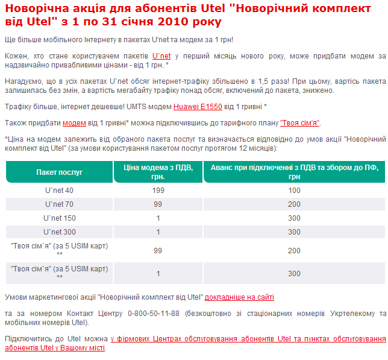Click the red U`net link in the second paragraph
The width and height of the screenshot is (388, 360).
point(161,55)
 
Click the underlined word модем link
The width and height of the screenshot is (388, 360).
point(74,122)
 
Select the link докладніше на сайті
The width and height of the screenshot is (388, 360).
point(239,297)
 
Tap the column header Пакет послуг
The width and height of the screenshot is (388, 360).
point(59,172)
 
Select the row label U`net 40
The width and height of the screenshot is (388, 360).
point(59,191)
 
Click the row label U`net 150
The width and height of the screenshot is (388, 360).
point(59,218)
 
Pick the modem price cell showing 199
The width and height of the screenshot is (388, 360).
point(158,191)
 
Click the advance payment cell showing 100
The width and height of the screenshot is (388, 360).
point(294,191)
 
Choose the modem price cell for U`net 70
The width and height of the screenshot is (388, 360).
point(158,204)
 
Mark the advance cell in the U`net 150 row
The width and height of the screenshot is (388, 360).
point(294,218)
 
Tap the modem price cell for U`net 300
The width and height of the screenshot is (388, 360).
point(158,232)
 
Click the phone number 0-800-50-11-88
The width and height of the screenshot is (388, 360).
point(154,314)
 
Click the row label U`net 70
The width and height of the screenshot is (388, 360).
point(59,204)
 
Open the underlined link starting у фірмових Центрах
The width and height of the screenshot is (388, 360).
point(247,339)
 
